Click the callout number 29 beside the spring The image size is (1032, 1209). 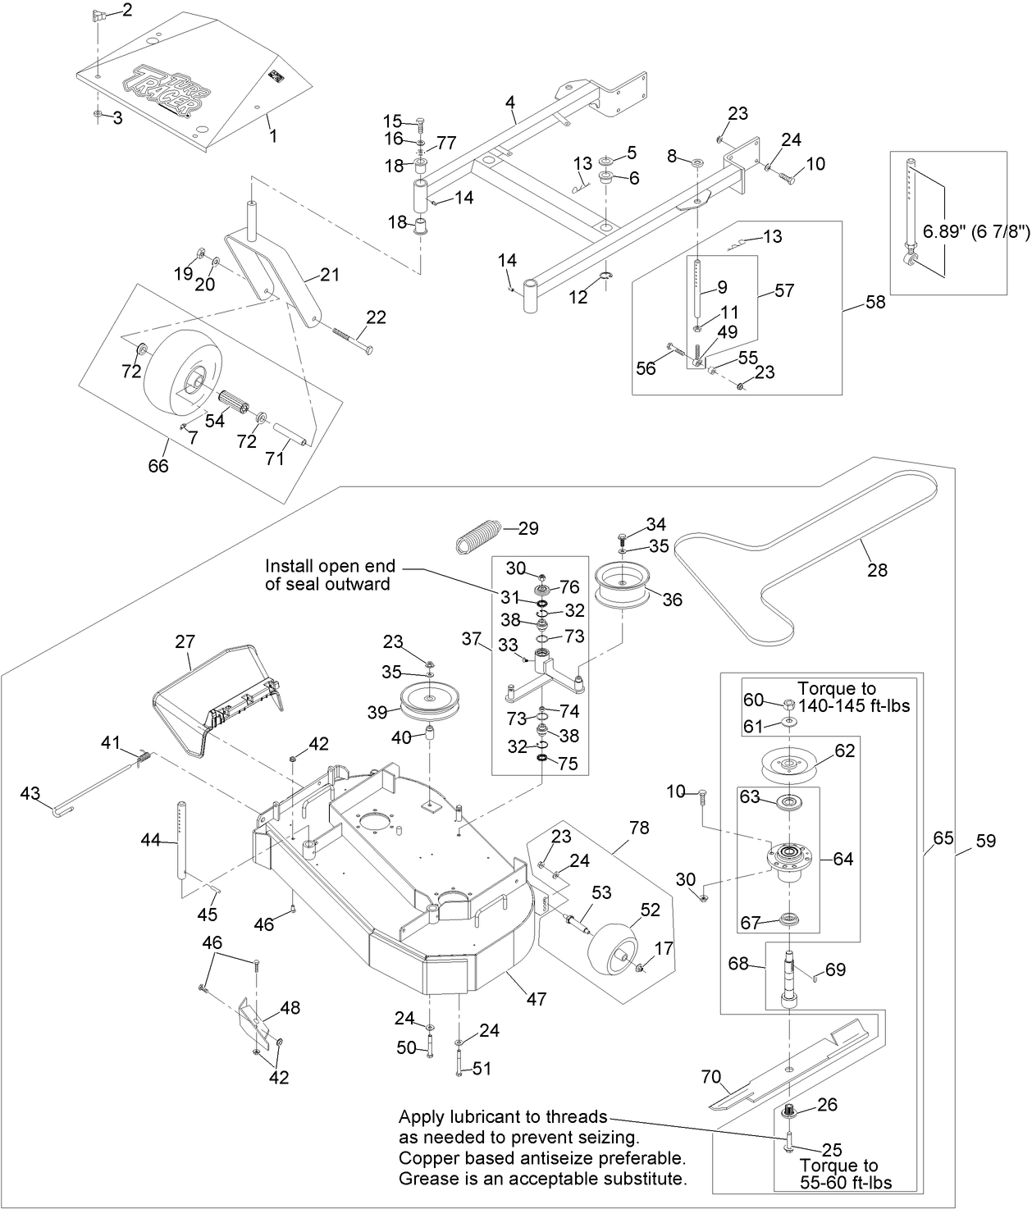pos(529,529)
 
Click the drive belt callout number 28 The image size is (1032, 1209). pos(877,570)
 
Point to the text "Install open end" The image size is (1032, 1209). pos(330,567)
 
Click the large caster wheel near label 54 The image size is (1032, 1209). pos(176,373)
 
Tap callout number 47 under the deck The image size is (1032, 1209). pos(537,999)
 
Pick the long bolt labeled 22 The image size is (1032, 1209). pos(354,338)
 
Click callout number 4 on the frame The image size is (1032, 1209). pos(510,103)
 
